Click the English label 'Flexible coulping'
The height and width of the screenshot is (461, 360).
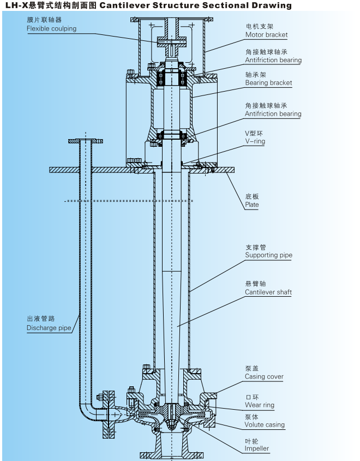tap(51, 28)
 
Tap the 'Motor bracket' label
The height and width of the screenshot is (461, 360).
tap(266, 35)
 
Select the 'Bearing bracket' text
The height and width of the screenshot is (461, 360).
tap(268, 83)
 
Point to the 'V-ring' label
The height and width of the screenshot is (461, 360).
tap(255, 141)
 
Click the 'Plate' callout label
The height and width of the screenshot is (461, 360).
tap(251, 205)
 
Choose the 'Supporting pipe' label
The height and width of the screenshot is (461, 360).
tap(268, 255)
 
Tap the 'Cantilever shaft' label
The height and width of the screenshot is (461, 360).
tap(268, 292)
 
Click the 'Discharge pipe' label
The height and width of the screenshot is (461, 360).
tap(49, 328)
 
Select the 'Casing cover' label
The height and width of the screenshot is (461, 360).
tap(264, 376)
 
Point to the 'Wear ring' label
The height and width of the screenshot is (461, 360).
tap(259, 405)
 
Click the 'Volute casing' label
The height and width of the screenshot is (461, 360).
tap(265, 424)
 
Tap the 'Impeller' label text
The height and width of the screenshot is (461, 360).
tap(256, 448)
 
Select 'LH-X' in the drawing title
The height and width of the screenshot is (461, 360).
tap(15, 6)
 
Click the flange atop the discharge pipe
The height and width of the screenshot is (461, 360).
tap(85, 141)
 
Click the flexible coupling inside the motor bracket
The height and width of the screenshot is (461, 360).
tap(171, 40)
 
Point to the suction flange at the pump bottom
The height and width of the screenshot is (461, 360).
tap(171, 454)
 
